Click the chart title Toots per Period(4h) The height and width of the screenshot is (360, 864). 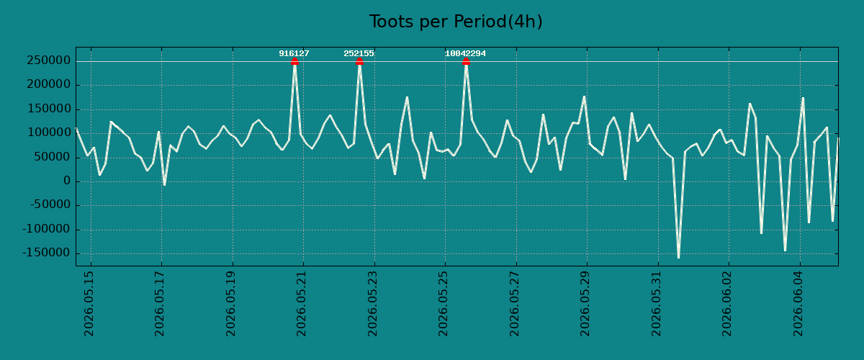(456, 22)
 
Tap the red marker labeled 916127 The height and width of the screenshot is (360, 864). (294, 62)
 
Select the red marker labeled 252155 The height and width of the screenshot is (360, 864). (359, 62)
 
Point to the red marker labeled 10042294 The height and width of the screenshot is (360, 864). (466, 62)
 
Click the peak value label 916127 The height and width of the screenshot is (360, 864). (294, 53)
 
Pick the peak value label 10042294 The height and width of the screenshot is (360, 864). (465, 53)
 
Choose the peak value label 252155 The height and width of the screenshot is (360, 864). (359, 53)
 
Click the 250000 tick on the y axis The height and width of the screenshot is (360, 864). (49, 60)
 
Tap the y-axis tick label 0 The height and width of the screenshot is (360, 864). (67, 181)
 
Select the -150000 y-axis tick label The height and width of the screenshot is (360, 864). (46, 253)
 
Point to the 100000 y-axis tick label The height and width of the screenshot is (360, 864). (49, 133)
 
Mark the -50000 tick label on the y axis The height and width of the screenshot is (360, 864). (50, 205)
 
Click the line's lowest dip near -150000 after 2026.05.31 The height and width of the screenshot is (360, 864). (678, 258)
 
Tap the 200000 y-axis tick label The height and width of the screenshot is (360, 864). (49, 84)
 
